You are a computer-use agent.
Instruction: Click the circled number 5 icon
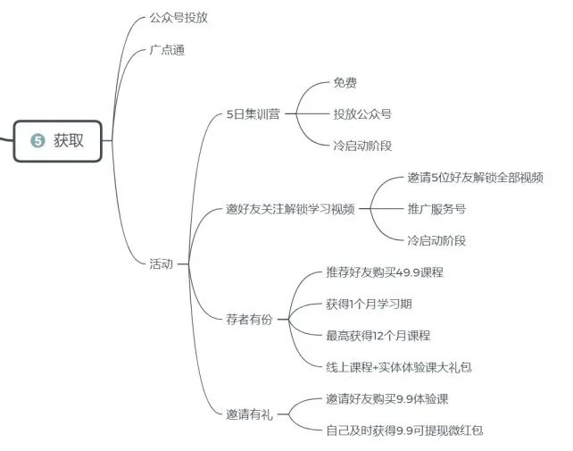(x=37, y=140)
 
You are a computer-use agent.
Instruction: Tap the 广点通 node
(x=167, y=51)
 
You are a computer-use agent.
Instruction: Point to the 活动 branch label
(x=162, y=263)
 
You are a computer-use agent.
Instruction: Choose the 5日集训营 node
(x=253, y=114)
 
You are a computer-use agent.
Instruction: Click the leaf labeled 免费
(x=345, y=83)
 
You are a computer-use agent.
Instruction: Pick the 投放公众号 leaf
(x=362, y=114)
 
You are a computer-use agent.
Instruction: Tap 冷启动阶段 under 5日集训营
(x=362, y=146)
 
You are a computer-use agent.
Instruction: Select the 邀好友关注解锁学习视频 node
(x=290, y=210)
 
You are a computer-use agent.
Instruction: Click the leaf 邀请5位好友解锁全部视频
(x=475, y=178)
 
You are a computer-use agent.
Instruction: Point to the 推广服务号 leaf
(x=436, y=210)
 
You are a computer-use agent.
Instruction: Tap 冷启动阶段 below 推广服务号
(x=436, y=240)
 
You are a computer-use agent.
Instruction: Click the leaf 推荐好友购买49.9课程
(x=385, y=272)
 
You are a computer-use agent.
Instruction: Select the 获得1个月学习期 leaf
(x=369, y=304)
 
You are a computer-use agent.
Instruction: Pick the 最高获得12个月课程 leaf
(x=378, y=335)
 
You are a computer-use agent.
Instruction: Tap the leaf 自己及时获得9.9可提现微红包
(x=404, y=430)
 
